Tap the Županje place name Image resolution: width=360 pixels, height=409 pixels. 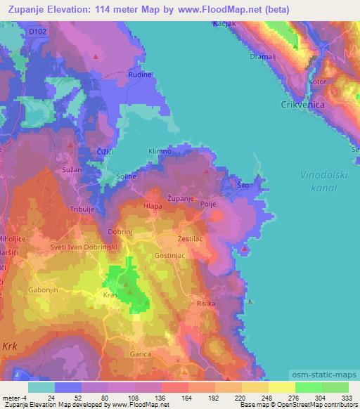point(181,199)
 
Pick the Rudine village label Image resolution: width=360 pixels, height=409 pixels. point(140,74)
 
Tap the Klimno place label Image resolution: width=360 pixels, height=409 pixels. point(160,151)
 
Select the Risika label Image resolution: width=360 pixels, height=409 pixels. point(206,304)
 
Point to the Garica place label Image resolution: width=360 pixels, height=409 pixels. point(141,354)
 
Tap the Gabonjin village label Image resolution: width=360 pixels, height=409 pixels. point(44,290)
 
